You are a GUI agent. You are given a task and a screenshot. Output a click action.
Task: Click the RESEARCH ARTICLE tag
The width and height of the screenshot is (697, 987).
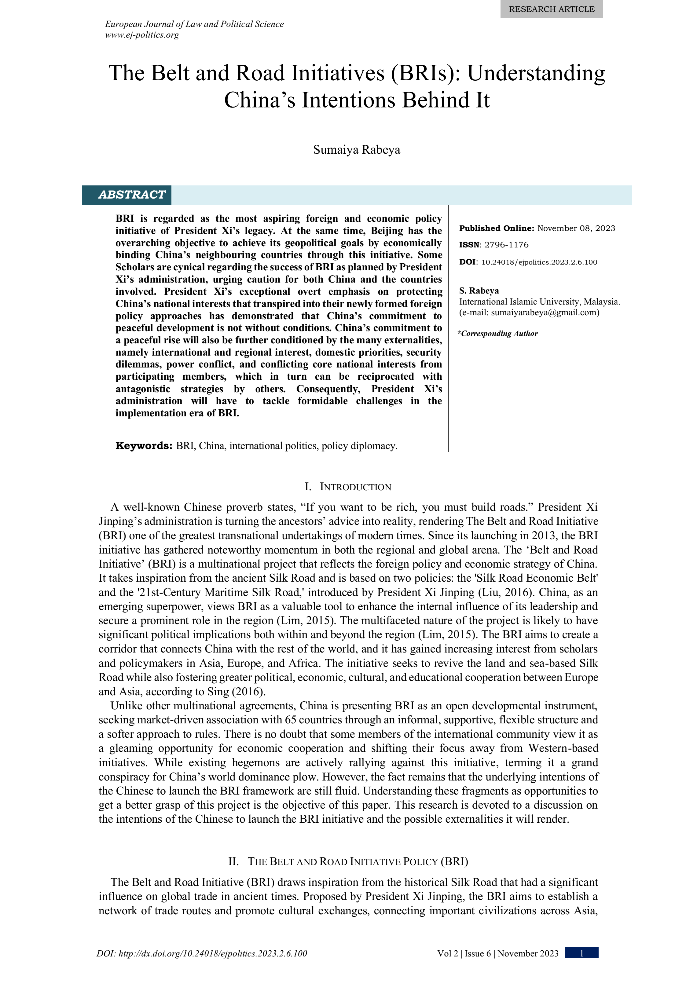point(551,9)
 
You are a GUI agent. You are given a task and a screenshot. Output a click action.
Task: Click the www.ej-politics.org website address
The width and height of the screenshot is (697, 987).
point(142,35)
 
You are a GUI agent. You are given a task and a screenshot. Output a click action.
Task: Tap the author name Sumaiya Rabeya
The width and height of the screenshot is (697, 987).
point(357,150)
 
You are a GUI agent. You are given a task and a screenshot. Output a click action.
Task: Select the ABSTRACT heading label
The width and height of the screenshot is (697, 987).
point(132,195)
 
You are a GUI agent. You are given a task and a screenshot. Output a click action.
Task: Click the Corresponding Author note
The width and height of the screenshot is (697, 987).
point(499,334)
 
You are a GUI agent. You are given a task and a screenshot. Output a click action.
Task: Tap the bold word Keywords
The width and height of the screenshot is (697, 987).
point(144,446)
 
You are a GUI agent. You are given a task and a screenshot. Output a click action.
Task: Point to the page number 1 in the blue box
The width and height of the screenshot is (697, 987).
point(581,953)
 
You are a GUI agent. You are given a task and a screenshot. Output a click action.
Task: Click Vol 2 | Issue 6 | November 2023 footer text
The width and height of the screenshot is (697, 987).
point(497,953)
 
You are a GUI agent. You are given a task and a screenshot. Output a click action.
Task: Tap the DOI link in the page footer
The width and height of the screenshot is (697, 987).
point(202,953)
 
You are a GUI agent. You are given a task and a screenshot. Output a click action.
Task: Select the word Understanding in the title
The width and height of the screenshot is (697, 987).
point(536,73)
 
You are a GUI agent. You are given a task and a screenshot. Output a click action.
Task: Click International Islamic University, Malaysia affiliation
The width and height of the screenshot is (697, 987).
point(539,302)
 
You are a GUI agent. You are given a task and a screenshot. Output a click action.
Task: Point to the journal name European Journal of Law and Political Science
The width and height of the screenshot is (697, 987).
point(194,24)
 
